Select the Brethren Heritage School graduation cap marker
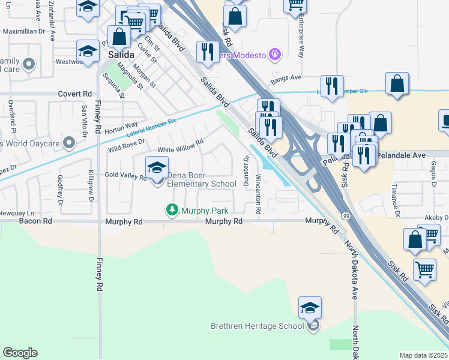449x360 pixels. click(310, 308)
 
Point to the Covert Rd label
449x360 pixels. click(75, 94)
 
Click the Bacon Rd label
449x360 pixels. click(35, 221)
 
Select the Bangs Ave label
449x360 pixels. click(286, 78)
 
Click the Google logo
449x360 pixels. click(20, 353)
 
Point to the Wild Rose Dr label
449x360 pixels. click(127, 146)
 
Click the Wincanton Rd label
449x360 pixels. click(258, 194)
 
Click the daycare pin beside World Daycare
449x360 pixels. click(70, 143)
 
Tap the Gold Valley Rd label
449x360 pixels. click(126, 177)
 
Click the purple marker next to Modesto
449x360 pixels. click(276, 55)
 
